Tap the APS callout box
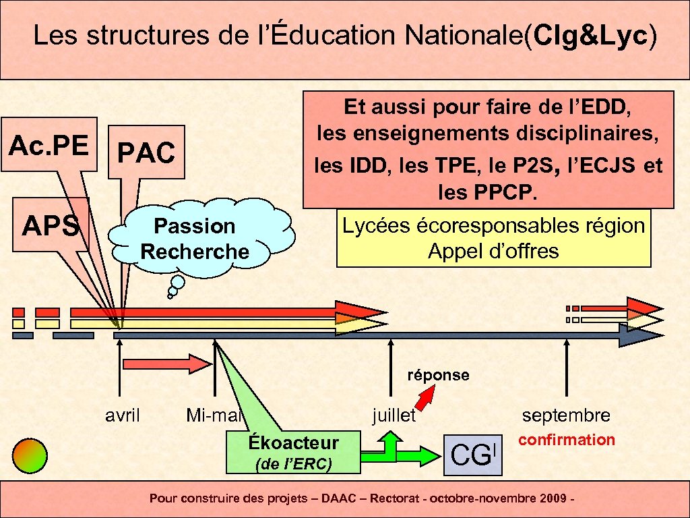click(x=51, y=225)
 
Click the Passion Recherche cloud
click(x=195, y=238)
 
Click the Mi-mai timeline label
click(x=214, y=415)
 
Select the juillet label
click(x=394, y=415)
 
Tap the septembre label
click(x=566, y=415)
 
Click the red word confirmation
click(x=567, y=440)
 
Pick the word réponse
click(x=438, y=374)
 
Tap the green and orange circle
click(x=30, y=455)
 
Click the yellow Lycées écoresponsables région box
click(x=493, y=238)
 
